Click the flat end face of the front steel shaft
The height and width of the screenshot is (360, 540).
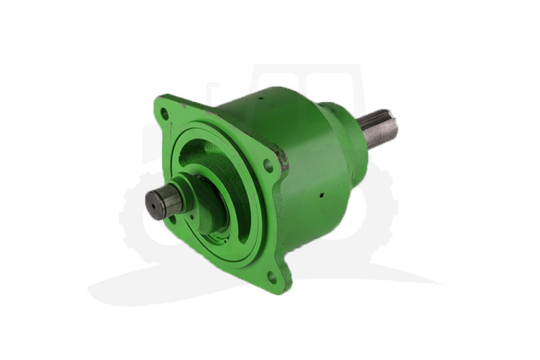point(157,203)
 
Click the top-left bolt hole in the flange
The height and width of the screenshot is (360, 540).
point(164,113)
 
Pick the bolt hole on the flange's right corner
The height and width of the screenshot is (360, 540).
point(268,165)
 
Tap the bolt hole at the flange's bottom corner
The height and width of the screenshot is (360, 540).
point(271,276)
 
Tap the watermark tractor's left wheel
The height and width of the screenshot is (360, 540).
point(145,216)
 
